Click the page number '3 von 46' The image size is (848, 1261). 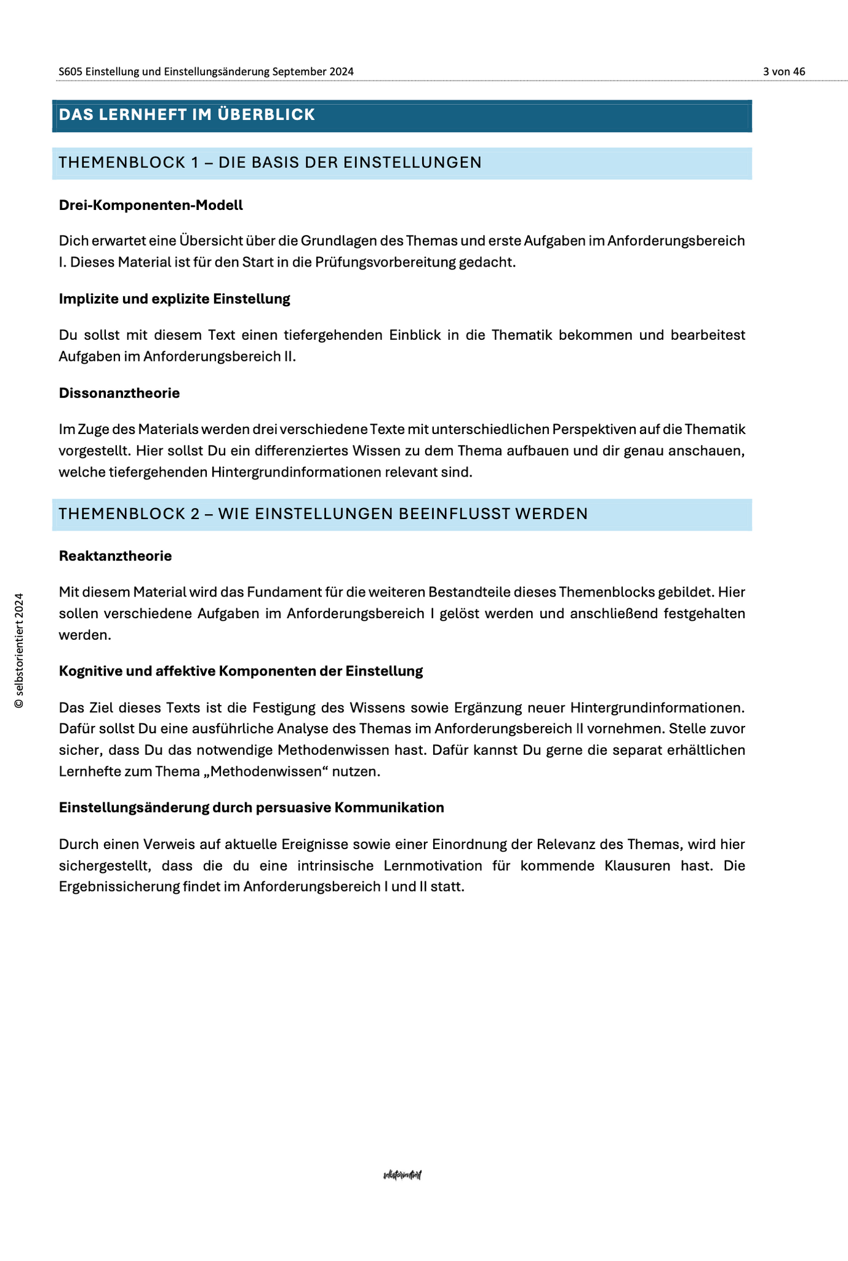(x=783, y=71)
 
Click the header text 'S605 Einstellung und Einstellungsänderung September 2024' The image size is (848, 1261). (x=206, y=71)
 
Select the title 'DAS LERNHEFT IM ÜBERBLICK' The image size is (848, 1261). (x=187, y=115)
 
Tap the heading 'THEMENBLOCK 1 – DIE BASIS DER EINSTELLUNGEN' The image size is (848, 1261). (x=270, y=163)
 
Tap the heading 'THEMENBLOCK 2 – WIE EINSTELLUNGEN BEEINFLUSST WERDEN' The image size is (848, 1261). (x=323, y=514)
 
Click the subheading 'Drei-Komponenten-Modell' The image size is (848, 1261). (x=151, y=206)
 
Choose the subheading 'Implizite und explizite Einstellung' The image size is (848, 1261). (x=174, y=299)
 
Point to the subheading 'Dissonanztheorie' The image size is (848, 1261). (x=119, y=393)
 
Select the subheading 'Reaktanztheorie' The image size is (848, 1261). (x=115, y=556)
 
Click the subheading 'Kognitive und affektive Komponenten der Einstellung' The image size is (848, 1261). (x=241, y=671)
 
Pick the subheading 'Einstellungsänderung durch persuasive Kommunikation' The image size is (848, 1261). (x=251, y=808)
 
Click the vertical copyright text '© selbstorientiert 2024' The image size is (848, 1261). (x=19, y=650)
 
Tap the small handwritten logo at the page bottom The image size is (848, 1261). (x=402, y=1175)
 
